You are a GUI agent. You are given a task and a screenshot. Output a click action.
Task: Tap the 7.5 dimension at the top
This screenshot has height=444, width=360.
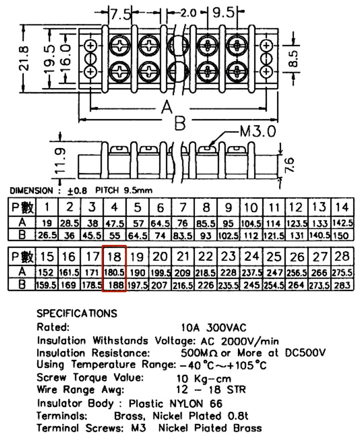120,14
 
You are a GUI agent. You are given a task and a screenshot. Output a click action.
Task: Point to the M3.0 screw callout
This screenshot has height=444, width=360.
257,131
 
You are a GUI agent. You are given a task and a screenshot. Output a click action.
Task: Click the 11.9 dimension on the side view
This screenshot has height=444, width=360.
60,160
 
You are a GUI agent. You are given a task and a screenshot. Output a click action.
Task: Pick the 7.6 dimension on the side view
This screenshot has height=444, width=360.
289,165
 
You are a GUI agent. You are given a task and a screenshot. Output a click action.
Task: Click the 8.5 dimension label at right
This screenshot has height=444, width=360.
293,59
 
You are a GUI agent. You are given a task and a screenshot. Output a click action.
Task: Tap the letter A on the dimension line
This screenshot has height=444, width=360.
167,108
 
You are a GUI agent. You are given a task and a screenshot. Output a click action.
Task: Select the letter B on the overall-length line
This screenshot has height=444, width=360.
180,123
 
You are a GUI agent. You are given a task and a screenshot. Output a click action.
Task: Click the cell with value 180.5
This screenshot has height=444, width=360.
114,272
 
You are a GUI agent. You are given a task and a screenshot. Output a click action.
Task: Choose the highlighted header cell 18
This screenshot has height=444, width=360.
114,257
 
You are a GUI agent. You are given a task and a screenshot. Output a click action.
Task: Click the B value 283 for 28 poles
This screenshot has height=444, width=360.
342,285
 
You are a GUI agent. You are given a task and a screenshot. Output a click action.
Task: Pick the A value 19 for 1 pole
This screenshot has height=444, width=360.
47,223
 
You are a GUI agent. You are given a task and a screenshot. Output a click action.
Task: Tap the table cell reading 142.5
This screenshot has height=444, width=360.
342,223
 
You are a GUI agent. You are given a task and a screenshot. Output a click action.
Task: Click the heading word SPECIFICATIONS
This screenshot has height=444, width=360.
76,313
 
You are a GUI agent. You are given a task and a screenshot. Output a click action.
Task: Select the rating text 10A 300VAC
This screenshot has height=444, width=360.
213,328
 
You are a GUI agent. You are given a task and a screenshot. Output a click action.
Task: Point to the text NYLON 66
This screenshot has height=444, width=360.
195,403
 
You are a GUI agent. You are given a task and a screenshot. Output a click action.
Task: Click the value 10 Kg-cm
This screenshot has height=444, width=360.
203,378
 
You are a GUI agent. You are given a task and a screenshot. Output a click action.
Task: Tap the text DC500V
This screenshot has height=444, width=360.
305,353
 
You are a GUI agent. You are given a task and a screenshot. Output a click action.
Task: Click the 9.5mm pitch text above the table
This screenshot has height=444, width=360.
138,190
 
